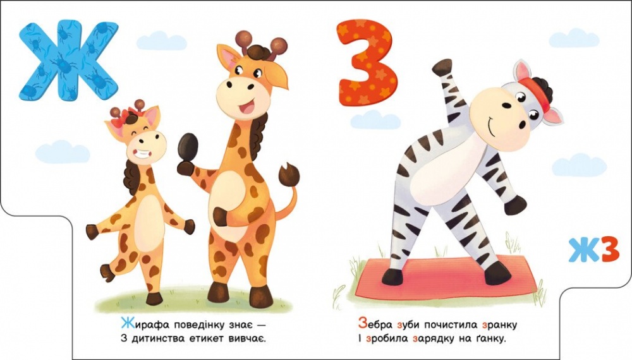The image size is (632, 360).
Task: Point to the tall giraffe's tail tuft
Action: pos(290,174)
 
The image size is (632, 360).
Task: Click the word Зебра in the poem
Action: pos(372,325)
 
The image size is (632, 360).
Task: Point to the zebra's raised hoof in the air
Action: pos(442,66)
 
